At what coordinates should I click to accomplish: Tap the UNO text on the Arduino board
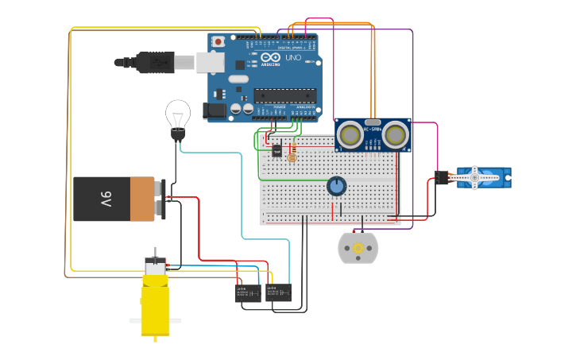[x=292, y=58]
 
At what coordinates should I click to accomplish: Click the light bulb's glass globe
[x=177, y=113]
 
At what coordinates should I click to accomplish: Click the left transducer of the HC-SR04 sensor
[x=350, y=135]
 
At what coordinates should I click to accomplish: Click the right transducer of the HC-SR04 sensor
[x=396, y=135]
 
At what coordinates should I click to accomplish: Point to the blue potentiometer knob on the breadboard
[x=337, y=186]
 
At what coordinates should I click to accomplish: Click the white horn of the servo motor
[x=474, y=177]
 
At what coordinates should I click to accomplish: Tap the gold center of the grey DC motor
[x=358, y=249]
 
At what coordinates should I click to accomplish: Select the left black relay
[x=248, y=292]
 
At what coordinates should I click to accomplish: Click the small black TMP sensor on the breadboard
[x=276, y=150]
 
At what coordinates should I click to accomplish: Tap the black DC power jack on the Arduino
[x=215, y=111]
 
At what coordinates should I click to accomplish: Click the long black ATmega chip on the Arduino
[x=284, y=96]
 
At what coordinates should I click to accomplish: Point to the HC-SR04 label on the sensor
[x=373, y=128]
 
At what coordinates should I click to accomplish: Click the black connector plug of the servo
[x=442, y=178]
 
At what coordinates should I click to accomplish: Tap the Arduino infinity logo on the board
[x=271, y=58]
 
